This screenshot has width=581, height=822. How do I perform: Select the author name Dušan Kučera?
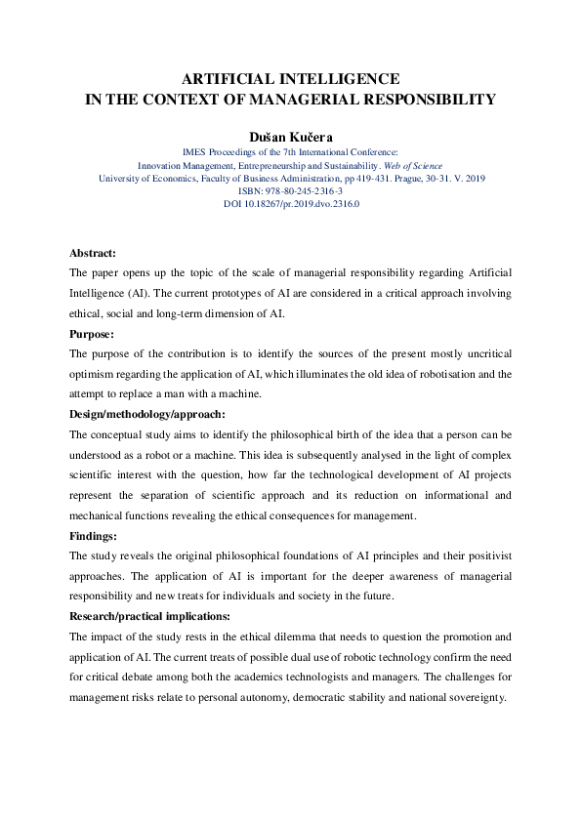click(x=291, y=135)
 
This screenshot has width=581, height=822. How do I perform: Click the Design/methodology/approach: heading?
click(x=147, y=414)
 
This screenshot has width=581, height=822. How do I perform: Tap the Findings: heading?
click(x=94, y=535)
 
